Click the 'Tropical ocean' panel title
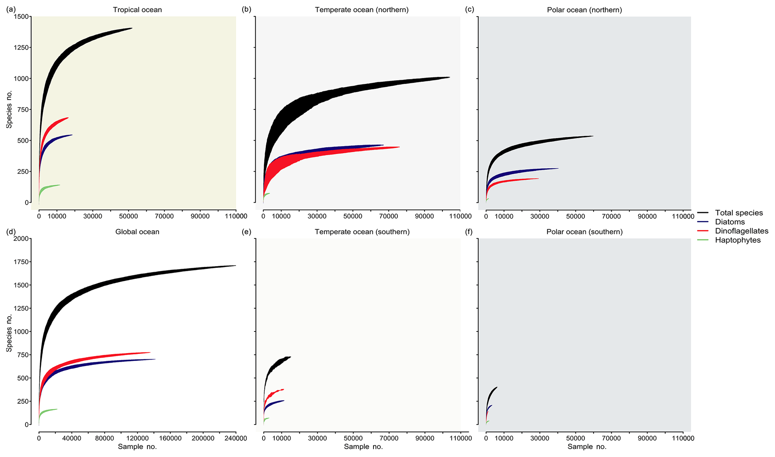(x=137, y=10)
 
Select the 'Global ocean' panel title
(x=137, y=232)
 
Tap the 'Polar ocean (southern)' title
(x=584, y=232)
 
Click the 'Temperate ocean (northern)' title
(x=361, y=10)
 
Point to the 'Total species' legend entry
(x=739, y=213)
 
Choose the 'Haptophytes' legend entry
(x=738, y=240)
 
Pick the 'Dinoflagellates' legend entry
(x=741, y=231)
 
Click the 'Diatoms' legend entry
(x=730, y=222)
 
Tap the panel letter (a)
(x=11, y=10)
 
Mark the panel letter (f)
(x=469, y=232)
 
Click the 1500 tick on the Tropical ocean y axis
(x=21, y=16)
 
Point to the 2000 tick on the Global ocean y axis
(x=21, y=239)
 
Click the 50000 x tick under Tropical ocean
(x=128, y=216)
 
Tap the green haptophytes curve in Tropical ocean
(x=51, y=186)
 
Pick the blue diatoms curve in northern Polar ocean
(x=525, y=172)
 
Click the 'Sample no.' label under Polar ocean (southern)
(x=587, y=447)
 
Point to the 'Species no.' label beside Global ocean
(x=9, y=333)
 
